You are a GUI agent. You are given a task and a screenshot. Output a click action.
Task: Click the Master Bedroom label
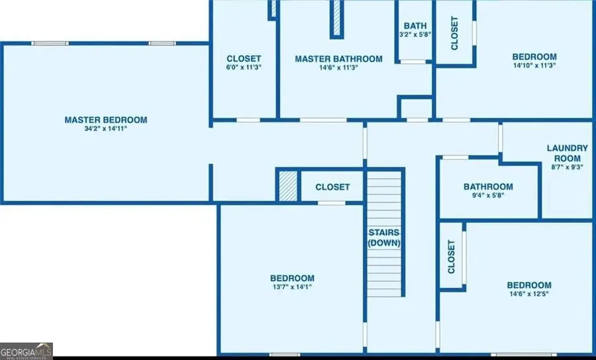tap(106, 120)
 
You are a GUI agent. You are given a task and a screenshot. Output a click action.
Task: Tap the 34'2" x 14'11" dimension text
tap(106, 129)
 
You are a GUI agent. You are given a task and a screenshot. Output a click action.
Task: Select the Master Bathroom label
tap(338, 59)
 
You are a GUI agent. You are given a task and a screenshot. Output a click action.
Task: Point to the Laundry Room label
tap(567, 153)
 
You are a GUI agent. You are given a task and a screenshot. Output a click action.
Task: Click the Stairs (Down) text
tap(384, 238)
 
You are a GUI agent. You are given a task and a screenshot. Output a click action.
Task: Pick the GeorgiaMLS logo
tap(26, 351)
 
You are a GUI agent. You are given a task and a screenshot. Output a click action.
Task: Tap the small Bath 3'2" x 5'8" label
tap(415, 30)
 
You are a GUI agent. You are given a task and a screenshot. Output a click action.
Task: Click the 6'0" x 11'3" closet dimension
tap(244, 67)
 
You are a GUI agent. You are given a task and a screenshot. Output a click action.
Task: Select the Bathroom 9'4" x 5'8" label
tap(488, 191)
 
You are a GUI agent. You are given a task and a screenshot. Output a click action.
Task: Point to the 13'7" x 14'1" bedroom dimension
tap(292, 287)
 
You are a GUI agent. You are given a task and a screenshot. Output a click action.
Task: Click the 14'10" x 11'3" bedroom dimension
tap(534, 66)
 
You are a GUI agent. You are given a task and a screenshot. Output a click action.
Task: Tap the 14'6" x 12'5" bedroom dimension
tap(529, 294)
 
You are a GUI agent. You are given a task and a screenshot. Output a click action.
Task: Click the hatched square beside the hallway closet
tap(288, 186)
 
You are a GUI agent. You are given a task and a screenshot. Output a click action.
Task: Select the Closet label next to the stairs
tap(332, 187)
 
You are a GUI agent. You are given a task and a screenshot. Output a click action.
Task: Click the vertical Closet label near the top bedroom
tap(454, 33)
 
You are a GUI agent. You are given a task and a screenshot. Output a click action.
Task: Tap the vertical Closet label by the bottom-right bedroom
tap(451, 257)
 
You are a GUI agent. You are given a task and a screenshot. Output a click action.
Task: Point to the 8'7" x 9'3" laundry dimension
tap(567, 167)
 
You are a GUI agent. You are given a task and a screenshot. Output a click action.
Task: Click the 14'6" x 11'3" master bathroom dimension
tap(338, 67)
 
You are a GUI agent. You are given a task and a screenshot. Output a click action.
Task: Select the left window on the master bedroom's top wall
tap(50, 43)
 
